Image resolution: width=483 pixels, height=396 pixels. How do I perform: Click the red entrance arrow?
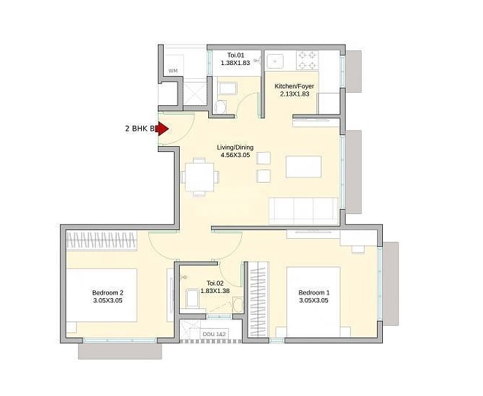(x=162, y=129)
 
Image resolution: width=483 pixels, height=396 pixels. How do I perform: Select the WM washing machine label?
(x=173, y=71)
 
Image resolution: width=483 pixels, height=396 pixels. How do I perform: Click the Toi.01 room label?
(x=235, y=55)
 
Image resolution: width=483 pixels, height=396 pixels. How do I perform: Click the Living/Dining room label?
(x=235, y=148)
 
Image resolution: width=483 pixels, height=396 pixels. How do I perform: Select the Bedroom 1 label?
(x=313, y=293)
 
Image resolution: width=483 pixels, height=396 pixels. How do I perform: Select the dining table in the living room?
(x=199, y=176)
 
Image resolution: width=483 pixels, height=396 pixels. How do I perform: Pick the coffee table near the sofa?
(x=302, y=167)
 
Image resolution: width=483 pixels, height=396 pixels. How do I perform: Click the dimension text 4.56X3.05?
(x=235, y=156)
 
